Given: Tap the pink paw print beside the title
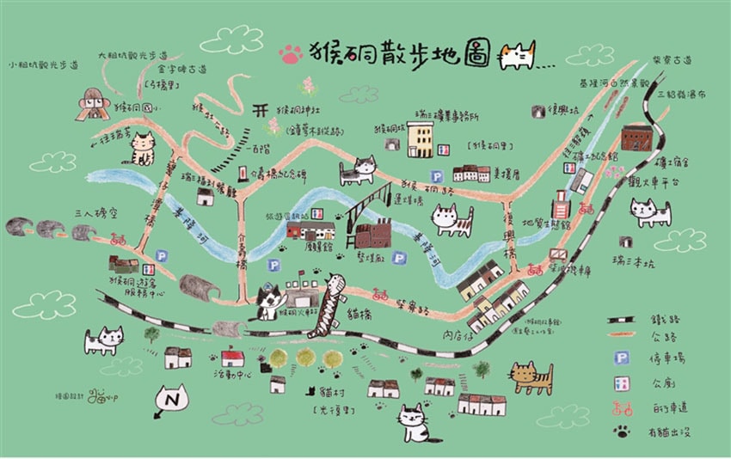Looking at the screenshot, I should [x=291, y=54].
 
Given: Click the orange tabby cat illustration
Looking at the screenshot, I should [x=531, y=376].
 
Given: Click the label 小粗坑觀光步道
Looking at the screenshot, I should [x=42, y=65].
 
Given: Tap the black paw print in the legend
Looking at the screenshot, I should [x=621, y=431].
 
